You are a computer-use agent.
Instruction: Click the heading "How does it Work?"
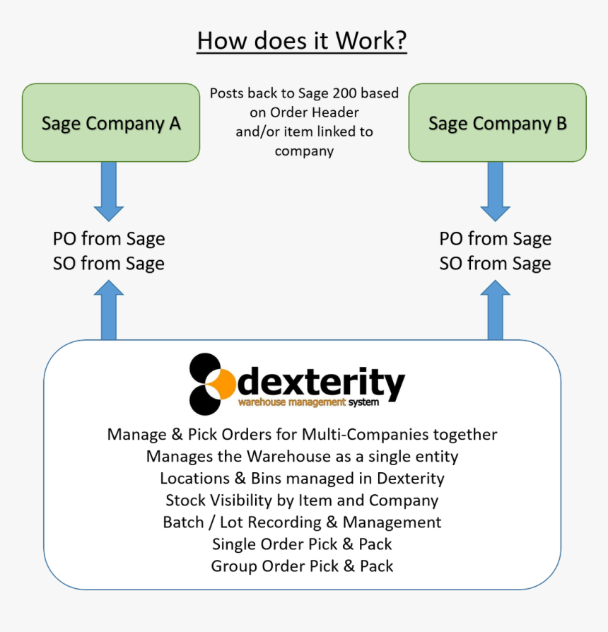pos(302,40)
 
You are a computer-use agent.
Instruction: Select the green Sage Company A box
pos(111,123)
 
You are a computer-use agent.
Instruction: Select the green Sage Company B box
pos(497,123)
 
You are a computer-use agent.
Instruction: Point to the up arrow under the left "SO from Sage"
pos(109,310)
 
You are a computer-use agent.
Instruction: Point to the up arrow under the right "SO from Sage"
pos(496,310)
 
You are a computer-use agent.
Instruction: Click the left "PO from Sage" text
pos(109,239)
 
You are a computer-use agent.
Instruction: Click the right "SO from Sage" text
pos(495,264)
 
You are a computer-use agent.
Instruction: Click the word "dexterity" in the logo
pos(322,382)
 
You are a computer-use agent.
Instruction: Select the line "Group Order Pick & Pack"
pos(302,566)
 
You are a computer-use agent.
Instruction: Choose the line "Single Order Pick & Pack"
pos(302,544)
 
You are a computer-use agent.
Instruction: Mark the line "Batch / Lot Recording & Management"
pos(302,522)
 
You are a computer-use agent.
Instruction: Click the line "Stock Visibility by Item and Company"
pos(302,501)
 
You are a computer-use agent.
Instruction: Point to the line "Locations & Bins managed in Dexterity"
pos(302,479)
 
